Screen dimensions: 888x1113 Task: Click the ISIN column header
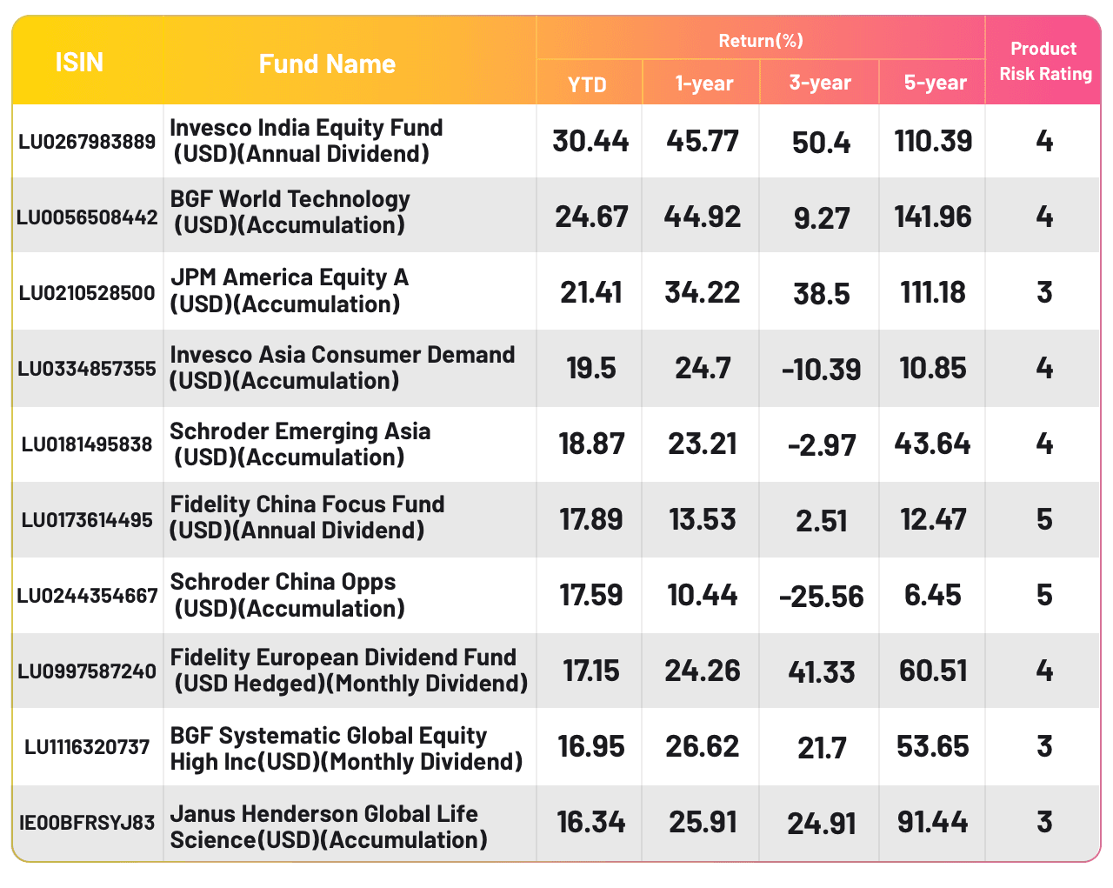[79, 63]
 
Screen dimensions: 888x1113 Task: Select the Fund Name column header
[327, 63]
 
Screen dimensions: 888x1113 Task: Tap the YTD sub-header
[587, 84]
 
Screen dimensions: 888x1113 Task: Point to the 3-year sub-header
[820, 83]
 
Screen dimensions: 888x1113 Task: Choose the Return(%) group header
[761, 40]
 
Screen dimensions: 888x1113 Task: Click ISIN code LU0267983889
[87, 142]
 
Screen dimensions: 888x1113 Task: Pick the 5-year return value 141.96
[933, 217]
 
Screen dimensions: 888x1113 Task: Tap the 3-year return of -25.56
[822, 597]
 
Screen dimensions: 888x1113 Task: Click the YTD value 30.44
[590, 141]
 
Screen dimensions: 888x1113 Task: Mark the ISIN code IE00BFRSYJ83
[87, 823]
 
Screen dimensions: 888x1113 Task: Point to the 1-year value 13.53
[703, 520]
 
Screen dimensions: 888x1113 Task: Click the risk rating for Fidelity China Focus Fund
[1044, 520]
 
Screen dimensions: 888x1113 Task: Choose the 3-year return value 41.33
[822, 672]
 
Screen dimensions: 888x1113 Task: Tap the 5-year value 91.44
[933, 823]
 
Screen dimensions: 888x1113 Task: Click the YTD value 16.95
[591, 747]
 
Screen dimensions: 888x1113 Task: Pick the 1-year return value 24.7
[703, 369]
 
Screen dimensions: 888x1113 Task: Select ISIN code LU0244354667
[87, 596]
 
